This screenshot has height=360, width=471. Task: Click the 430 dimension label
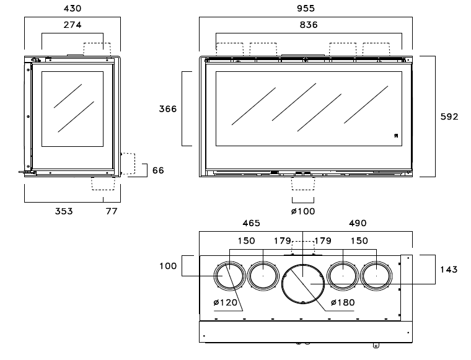click(71, 9)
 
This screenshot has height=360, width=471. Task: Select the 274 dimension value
click(71, 25)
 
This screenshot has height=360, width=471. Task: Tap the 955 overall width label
click(306, 9)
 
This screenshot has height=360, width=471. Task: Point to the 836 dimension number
click(306, 25)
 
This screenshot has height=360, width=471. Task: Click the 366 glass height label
click(167, 108)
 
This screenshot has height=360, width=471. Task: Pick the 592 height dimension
click(449, 116)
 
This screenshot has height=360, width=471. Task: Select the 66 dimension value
click(158, 170)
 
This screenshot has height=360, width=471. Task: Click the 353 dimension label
click(63, 211)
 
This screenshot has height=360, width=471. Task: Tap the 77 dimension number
click(112, 211)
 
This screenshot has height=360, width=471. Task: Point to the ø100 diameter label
click(303, 211)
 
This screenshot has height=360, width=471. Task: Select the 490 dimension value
click(358, 223)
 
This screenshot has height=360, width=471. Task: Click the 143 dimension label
click(449, 270)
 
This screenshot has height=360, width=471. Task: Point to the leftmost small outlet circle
click(229, 276)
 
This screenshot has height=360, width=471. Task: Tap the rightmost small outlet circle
click(377, 276)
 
